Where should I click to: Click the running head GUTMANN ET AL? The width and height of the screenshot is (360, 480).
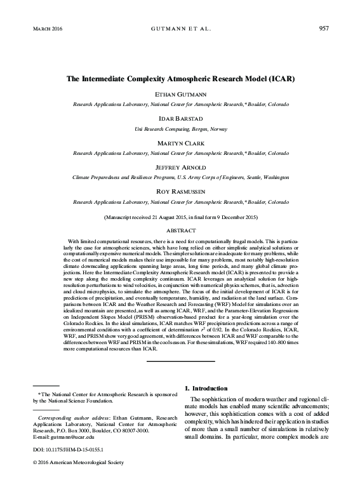point(181,29)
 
